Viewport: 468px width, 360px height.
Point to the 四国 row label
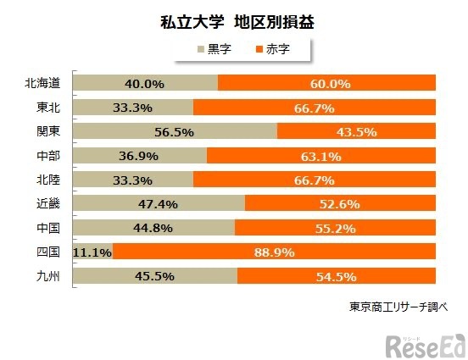(x=48, y=252)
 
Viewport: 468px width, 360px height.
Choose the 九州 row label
(x=48, y=275)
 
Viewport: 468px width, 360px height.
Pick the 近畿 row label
(x=48, y=203)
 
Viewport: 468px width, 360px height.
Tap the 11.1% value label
(x=92, y=252)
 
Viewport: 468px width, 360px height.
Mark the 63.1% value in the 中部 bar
(x=320, y=156)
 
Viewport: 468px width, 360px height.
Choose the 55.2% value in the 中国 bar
(x=336, y=228)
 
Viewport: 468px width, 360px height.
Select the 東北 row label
(x=48, y=108)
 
